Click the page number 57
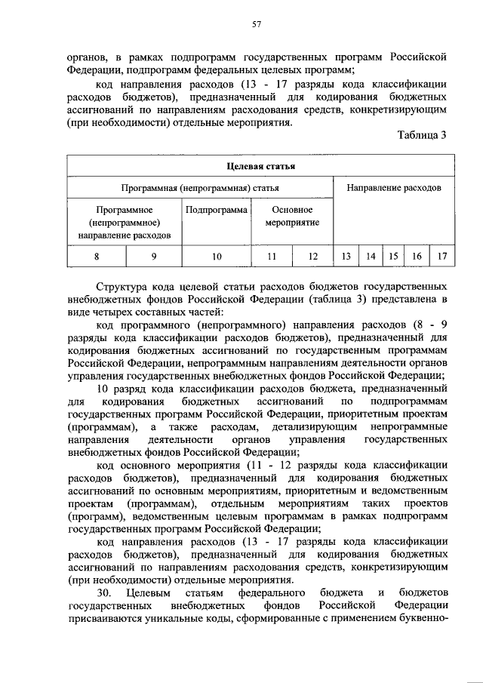pyautogui.click(x=256, y=24)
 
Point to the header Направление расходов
pyautogui.click(x=394, y=186)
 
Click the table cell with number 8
pyautogui.click(x=96, y=257)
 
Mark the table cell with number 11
pyautogui.click(x=272, y=257)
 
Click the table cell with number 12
pyautogui.click(x=313, y=257)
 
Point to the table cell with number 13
pyautogui.click(x=346, y=257)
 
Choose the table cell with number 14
pyautogui.click(x=371, y=257)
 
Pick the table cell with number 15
pyautogui.click(x=393, y=257)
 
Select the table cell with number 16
pyautogui.click(x=417, y=257)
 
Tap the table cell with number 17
pyautogui.click(x=441, y=257)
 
